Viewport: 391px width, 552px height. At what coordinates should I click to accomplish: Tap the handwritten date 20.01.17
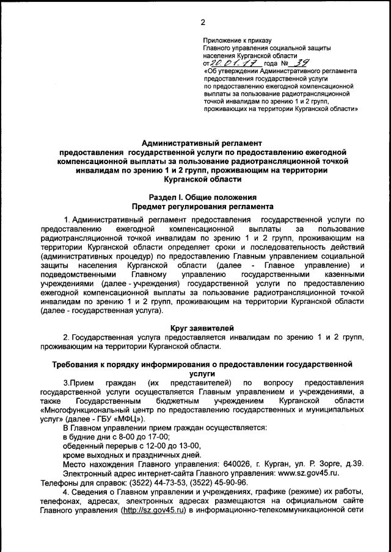point(235,63)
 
